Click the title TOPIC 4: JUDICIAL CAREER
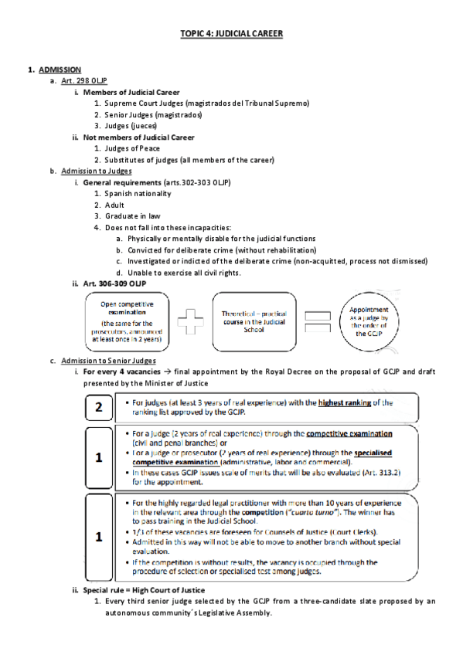(x=231, y=35)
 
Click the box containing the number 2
(x=99, y=407)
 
